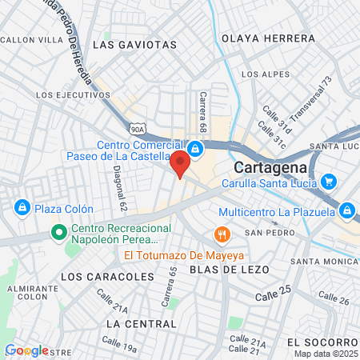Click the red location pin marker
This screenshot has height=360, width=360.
(x=180, y=163)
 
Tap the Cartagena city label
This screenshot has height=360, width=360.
(x=270, y=168)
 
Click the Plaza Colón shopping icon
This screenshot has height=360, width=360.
(x=22, y=208)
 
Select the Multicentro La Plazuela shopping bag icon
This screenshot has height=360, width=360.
(x=346, y=211)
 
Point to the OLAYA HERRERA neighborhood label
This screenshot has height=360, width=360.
(x=268, y=38)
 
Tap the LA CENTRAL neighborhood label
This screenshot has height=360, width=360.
(x=140, y=323)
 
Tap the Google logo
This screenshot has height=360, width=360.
(x=26, y=350)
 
